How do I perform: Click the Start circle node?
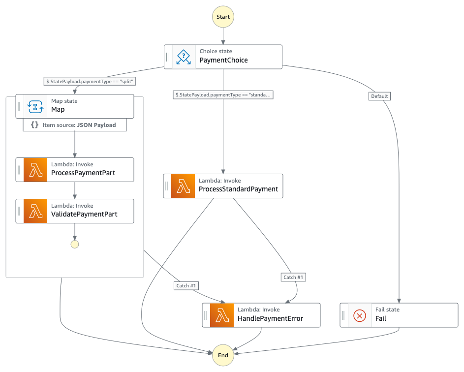223,17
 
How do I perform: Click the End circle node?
223,355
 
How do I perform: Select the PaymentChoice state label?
223,61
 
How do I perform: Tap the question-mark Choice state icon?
184,57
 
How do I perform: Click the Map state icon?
35,106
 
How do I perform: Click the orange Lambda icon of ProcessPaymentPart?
35,170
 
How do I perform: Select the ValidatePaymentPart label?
84,214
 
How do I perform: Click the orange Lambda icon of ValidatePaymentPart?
35,211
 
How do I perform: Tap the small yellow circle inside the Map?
75,244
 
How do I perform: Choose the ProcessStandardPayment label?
238,189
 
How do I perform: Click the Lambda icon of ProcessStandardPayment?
183,186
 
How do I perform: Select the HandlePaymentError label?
270,318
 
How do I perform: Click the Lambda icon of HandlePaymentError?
222,315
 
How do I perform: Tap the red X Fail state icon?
360,315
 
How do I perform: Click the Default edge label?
379,96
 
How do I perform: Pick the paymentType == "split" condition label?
90,81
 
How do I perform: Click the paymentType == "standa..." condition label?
223,94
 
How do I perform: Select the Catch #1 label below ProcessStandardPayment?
294,278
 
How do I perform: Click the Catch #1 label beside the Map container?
186,285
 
